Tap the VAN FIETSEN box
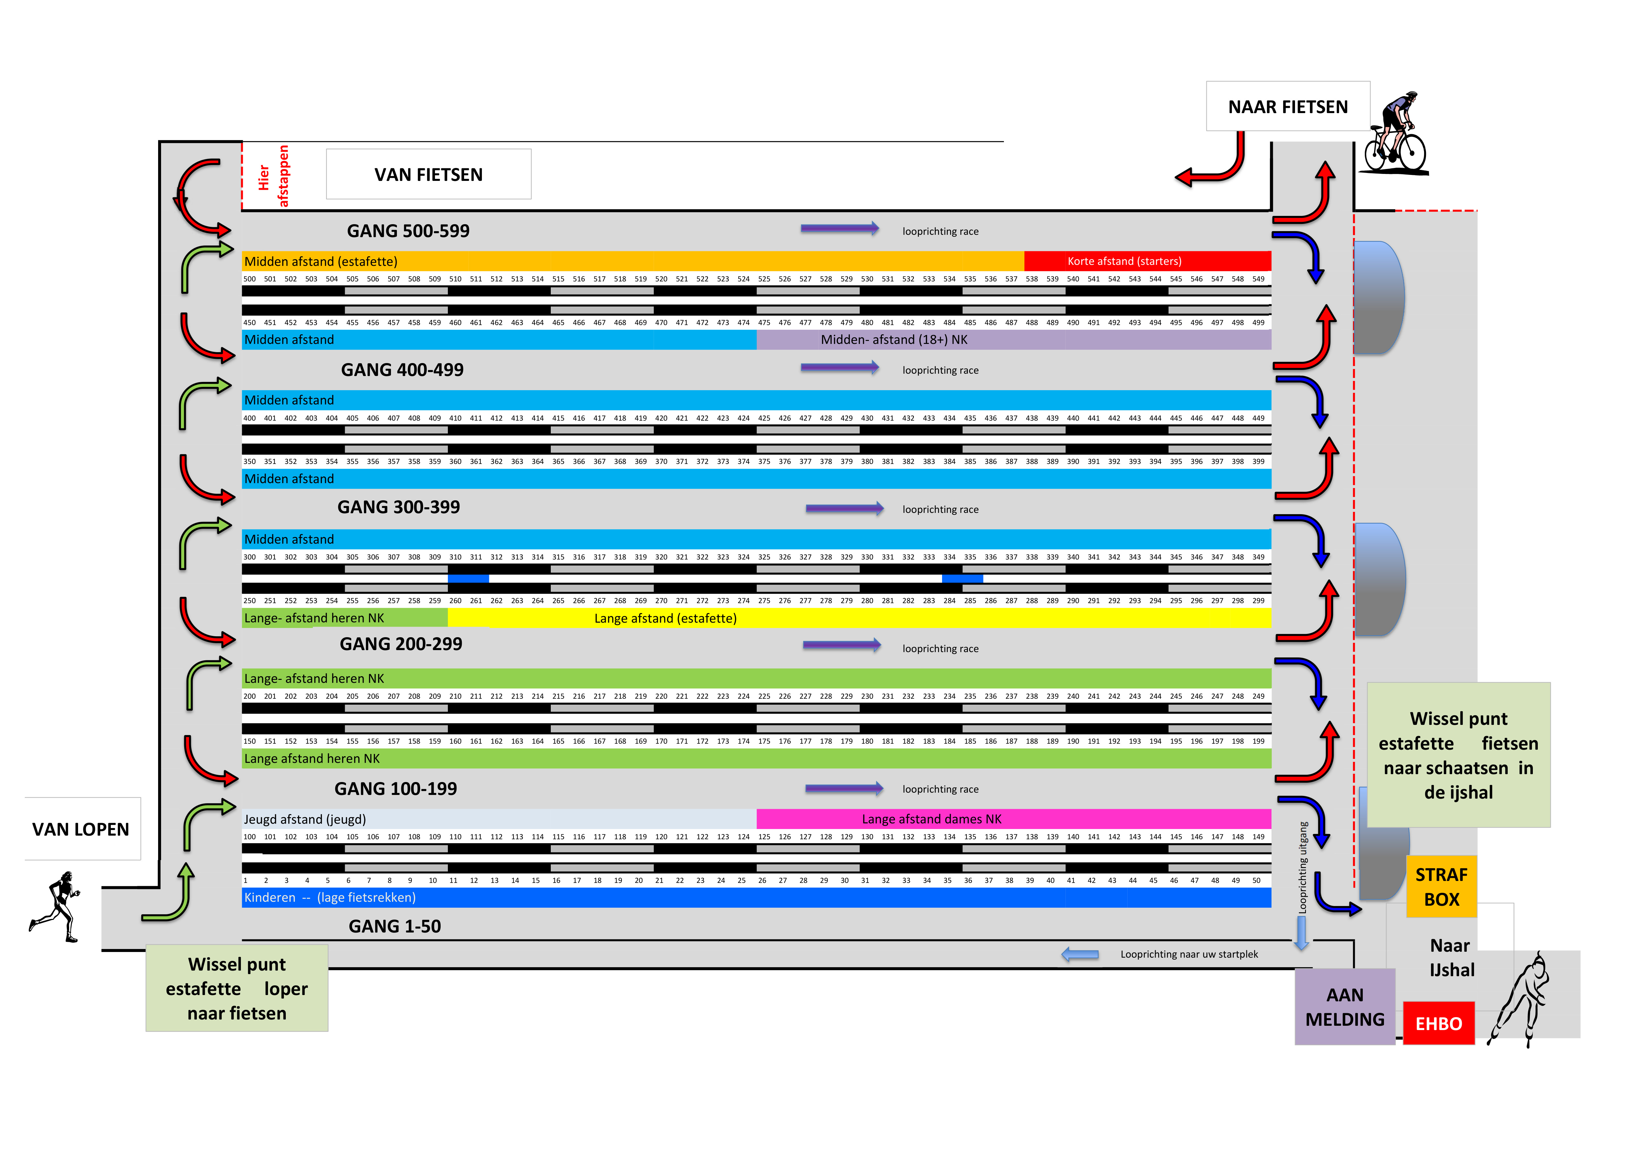[x=428, y=174]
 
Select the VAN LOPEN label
[x=81, y=829]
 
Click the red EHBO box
[x=1438, y=1023]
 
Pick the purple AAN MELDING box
[x=1344, y=1007]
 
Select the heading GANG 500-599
[x=408, y=231]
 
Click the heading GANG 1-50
[x=395, y=927]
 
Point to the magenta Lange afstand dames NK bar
[x=1013, y=818]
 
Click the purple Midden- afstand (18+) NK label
[x=893, y=339]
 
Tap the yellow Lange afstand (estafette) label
[x=665, y=618]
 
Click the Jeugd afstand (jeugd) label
[x=305, y=819]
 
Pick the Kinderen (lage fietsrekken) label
[x=329, y=897]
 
